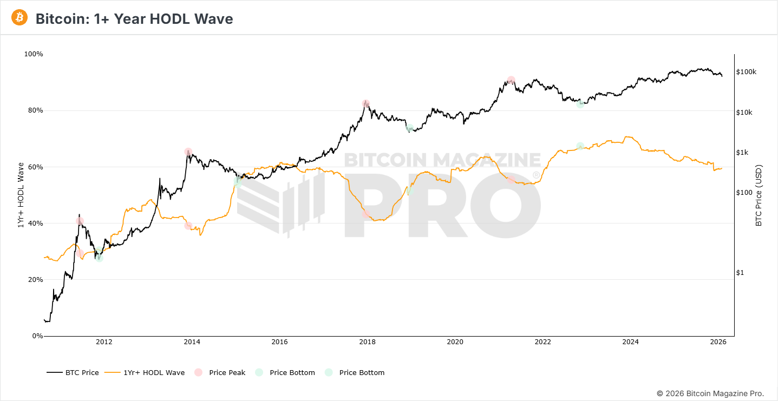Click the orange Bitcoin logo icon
19,18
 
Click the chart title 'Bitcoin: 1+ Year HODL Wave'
134,19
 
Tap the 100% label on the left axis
34,54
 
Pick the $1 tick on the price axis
740,273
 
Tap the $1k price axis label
743,153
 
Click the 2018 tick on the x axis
367,342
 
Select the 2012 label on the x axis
104,342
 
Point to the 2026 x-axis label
718,342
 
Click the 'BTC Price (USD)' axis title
759,195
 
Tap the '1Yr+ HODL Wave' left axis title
21,195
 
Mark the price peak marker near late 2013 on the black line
188,152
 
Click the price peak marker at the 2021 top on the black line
511,80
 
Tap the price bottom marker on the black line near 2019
410,128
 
